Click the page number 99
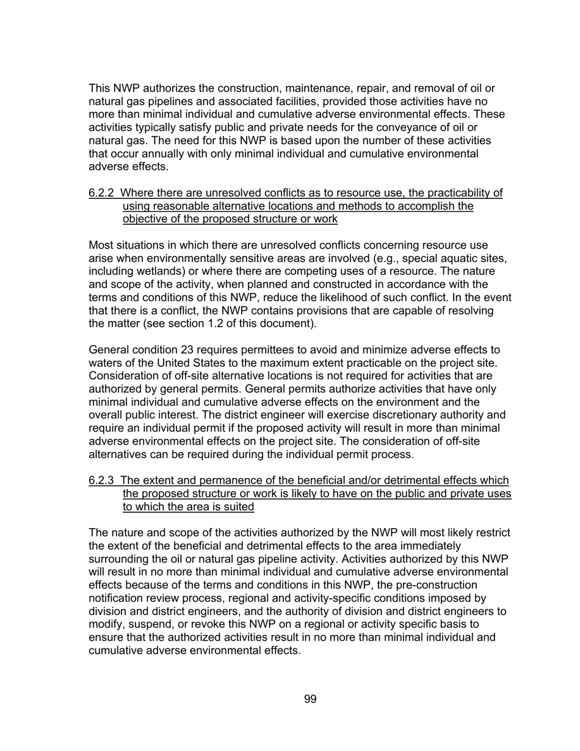(x=310, y=699)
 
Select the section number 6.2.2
(x=101, y=193)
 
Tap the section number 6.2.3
(x=101, y=481)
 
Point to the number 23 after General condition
(x=188, y=350)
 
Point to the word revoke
(x=206, y=625)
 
